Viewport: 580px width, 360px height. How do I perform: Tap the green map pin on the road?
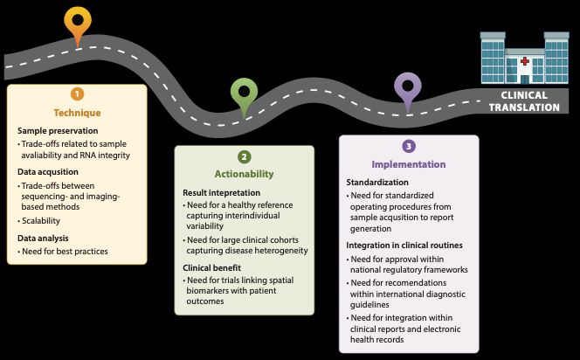(x=244, y=93)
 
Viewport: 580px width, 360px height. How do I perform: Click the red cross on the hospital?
(x=524, y=63)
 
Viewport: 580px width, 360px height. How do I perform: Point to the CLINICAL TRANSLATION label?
(x=524, y=101)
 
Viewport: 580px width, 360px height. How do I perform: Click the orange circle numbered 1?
(x=78, y=94)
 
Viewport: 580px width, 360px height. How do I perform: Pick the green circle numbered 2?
(x=245, y=156)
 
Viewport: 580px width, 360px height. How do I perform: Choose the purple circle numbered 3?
(x=409, y=146)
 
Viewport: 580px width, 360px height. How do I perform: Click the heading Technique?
(x=77, y=113)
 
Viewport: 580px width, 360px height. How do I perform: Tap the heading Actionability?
(x=244, y=174)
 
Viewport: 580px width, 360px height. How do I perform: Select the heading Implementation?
(x=408, y=164)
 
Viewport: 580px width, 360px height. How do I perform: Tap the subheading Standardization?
(x=376, y=182)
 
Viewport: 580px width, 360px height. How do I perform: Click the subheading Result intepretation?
(x=223, y=191)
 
